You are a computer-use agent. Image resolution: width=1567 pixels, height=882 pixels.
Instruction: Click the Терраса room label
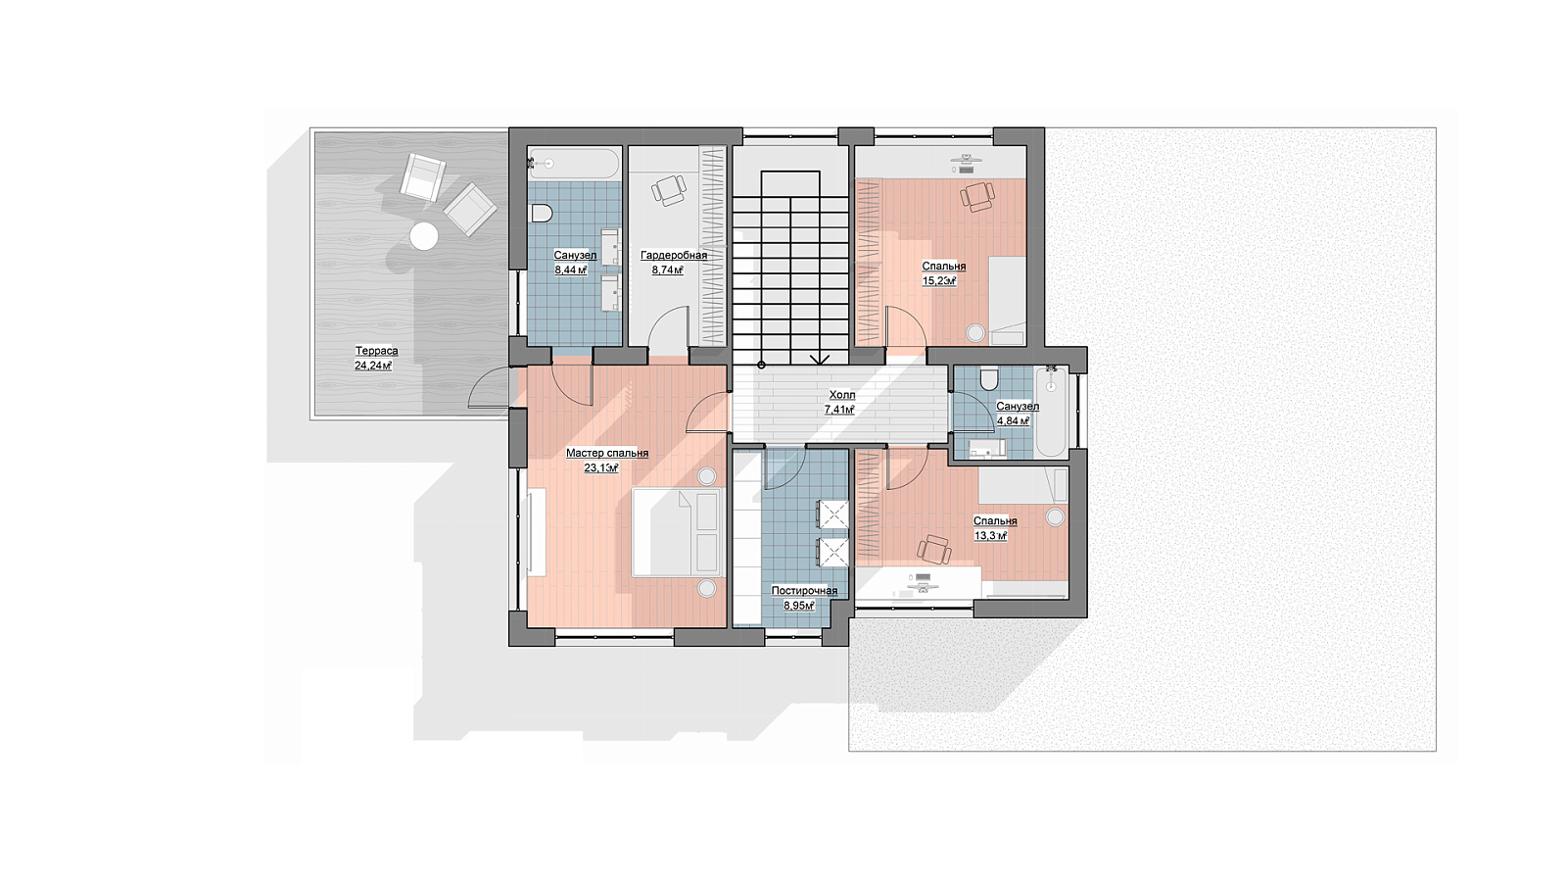[376, 351]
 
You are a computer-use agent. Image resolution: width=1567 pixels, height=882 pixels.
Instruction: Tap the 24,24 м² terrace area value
[373, 366]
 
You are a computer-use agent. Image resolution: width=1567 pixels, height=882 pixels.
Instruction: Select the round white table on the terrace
[423, 236]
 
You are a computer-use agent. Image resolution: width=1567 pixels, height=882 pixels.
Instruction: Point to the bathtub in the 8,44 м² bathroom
[574, 163]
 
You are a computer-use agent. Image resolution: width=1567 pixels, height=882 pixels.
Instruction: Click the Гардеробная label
[674, 256]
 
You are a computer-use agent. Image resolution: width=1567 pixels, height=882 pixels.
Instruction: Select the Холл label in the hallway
[842, 396]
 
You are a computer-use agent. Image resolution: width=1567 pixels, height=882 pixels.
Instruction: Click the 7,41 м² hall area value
[839, 411]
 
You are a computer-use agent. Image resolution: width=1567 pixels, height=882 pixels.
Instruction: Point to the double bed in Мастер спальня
[677, 533]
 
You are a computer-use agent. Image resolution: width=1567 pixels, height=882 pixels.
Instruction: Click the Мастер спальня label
[607, 453]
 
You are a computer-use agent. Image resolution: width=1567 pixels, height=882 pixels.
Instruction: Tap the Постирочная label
[804, 591]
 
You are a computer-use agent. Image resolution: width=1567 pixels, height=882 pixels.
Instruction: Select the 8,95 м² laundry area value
[799, 606]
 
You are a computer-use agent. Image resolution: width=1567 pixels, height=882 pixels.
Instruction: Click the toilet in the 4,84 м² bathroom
[989, 380]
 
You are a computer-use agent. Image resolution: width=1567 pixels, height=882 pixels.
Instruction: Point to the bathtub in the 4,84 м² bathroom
[1051, 413]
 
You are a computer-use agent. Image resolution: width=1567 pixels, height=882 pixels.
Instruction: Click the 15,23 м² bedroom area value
[939, 281]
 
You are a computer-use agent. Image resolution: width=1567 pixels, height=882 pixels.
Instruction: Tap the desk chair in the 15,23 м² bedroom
[977, 197]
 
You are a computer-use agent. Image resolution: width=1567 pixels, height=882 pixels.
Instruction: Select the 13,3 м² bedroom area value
[990, 536]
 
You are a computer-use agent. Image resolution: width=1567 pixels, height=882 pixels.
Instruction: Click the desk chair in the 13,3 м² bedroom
[934, 550]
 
